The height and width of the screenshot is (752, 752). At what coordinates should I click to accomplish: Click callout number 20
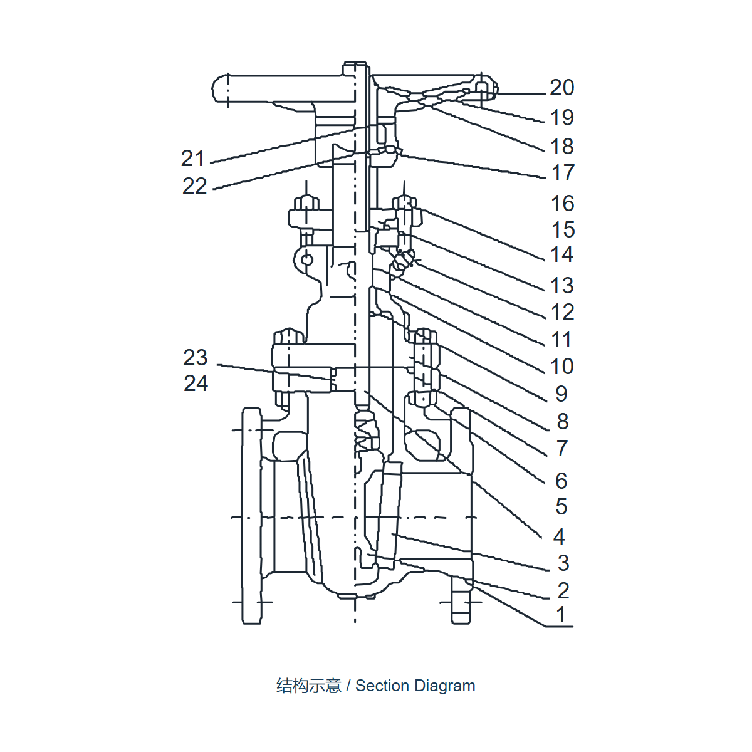[x=561, y=88]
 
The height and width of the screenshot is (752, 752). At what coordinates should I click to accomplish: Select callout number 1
[x=561, y=614]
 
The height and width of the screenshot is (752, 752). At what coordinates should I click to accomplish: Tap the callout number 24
[x=196, y=384]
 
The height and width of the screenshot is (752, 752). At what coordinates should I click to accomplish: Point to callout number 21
[x=193, y=159]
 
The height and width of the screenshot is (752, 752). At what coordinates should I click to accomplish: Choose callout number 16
[x=562, y=204]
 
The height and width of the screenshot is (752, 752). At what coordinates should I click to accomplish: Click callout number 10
[x=561, y=367]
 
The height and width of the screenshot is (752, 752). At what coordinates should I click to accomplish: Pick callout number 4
[x=559, y=536]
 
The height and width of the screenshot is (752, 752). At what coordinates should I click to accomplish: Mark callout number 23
[x=195, y=357]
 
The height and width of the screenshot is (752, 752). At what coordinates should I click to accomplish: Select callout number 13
[x=562, y=286]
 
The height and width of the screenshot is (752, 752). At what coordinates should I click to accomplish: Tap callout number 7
[x=561, y=449]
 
